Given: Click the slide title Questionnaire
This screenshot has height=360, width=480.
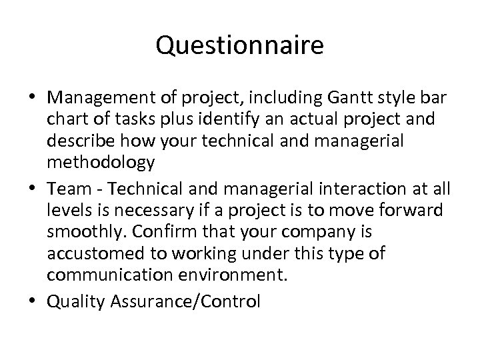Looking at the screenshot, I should point(240,46).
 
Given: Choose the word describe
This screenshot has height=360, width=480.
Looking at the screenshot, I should point(77,142).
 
